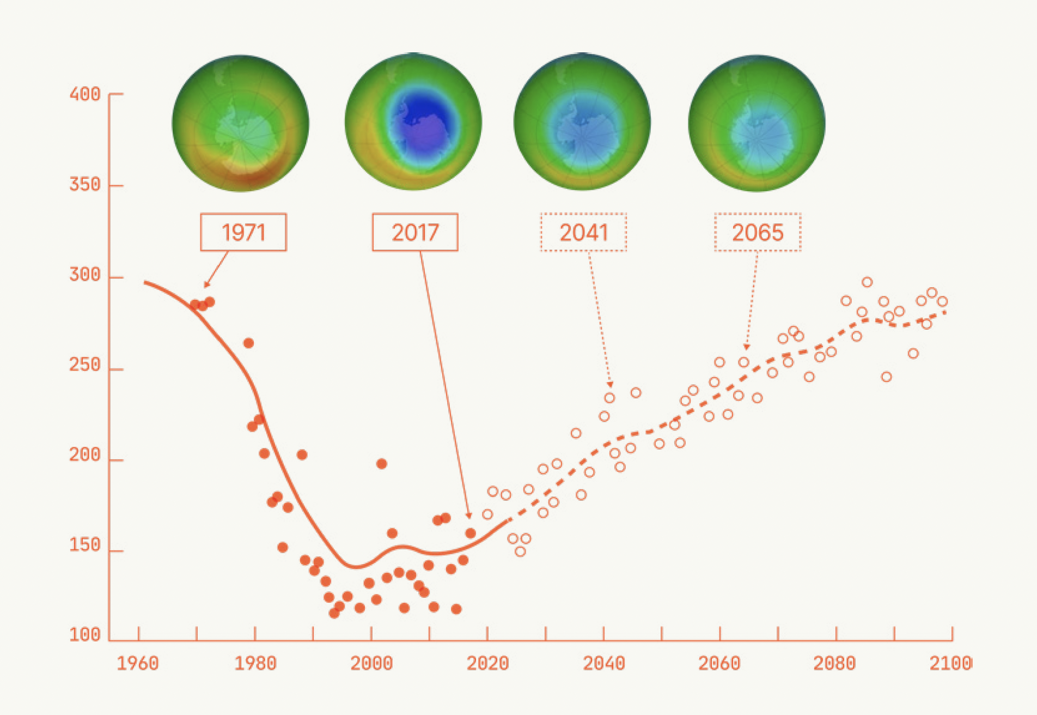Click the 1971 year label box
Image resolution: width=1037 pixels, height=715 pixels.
point(243,232)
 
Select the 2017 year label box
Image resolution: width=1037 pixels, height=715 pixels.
point(415,232)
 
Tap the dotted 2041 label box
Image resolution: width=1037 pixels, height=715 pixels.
point(583,232)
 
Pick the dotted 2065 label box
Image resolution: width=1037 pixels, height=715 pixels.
point(758,232)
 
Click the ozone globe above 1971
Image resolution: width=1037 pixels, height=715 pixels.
point(240,123)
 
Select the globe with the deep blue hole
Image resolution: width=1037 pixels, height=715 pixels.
point(413,122)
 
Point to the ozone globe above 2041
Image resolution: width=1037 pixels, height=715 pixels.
point(582,122)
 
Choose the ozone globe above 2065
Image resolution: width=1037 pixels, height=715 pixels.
point(757,123)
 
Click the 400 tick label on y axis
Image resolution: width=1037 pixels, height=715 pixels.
point(85,94)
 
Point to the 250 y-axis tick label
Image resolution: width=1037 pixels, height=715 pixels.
point(85,365)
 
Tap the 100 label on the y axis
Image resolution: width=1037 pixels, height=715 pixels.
point(85,635)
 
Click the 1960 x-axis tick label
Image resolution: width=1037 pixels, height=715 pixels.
point(138,663)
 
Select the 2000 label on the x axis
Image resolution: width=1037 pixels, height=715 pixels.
point(371,663)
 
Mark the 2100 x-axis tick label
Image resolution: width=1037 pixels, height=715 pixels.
point(950,663)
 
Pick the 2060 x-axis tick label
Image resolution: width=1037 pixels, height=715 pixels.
point(719,663)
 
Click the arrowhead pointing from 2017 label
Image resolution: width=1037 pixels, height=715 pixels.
point(468,515)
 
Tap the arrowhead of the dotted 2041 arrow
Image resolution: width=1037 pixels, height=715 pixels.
point(610,384)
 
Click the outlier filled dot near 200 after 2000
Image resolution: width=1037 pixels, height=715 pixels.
point(381,464)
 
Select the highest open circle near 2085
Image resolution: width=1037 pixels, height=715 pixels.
point(867,282)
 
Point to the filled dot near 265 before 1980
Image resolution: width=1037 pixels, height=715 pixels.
point(248,343)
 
